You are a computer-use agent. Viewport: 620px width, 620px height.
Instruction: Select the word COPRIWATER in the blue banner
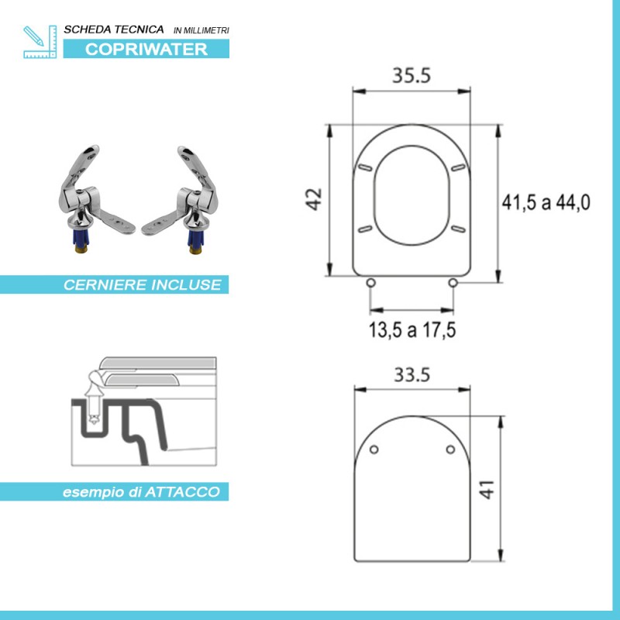tap(146, 49)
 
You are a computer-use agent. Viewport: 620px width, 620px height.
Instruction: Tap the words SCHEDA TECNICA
tap(114, 29)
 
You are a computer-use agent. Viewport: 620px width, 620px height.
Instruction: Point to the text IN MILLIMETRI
tap(201, 30)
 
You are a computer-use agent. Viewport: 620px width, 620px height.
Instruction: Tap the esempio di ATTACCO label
tap(141, 491)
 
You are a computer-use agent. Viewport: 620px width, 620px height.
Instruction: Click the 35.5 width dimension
tap(411, 76)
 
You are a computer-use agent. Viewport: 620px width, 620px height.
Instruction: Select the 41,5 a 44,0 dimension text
tap(546, 203)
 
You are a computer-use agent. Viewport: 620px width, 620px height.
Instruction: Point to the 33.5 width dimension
tap(412, 375)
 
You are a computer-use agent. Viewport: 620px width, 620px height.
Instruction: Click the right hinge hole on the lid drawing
tap(451, 449)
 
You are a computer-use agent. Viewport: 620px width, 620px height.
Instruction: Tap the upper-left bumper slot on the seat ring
tap(364, 167)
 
